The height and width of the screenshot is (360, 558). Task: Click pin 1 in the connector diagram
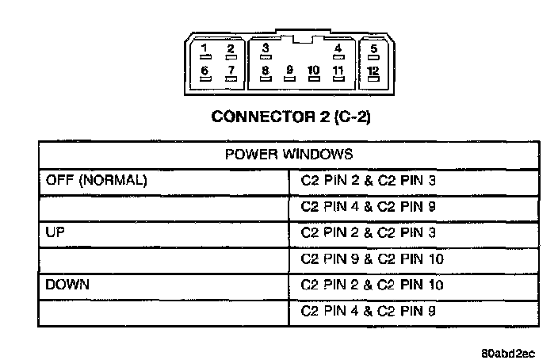[x=204, y=52]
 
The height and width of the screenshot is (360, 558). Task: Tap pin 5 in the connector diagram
[x=373, y=52]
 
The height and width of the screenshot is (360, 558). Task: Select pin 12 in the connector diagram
[x=373, y=73]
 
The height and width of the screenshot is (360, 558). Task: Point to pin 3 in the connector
[x=266, y=50]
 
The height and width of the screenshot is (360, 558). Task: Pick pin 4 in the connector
[x=338, y=52]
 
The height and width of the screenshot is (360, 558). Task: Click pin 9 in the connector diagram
[x=289, y=73]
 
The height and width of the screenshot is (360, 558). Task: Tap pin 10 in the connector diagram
[x=313, y=73]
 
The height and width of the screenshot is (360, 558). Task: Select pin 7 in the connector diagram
[x=231, y=73]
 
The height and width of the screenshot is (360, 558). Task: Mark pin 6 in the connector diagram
[x=204, y=73]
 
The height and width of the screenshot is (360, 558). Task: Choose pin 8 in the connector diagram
[x=266, y=73]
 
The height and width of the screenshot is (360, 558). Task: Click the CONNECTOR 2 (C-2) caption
[x=291, y=117]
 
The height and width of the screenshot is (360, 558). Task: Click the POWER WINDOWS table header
[x=289, y=154]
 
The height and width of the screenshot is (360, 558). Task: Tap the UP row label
[x=55, y=232]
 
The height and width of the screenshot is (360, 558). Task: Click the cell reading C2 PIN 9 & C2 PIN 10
[x=372, y=259]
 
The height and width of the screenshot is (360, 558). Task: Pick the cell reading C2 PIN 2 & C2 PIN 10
[x=372, y=285]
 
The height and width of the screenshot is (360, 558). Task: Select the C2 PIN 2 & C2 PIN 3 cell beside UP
[x=368, y=232]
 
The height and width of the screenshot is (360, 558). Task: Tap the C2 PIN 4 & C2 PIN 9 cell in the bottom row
[x=368, y=311]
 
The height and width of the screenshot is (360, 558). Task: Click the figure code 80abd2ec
[x=507, y=352]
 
